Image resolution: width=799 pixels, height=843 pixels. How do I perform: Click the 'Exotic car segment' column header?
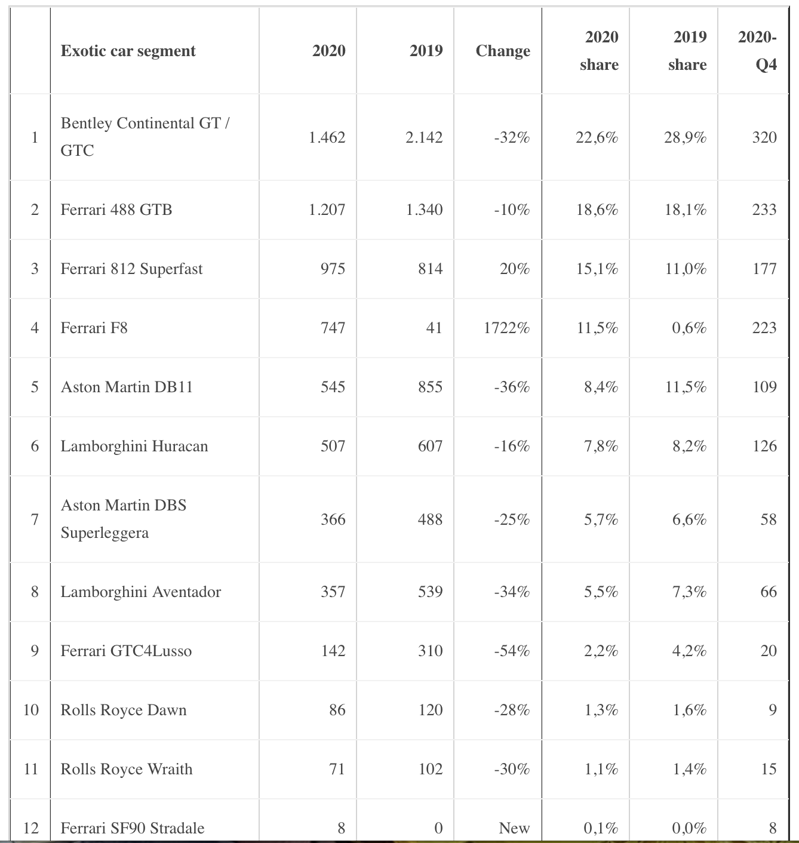click(128, 51)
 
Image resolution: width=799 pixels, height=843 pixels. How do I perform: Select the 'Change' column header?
click(503, 51)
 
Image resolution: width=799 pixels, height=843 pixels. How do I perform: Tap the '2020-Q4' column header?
click(757, 51)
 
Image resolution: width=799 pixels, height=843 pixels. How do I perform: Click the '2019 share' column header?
click(687, 51)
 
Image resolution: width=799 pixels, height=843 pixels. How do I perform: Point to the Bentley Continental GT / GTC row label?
click(145, 137)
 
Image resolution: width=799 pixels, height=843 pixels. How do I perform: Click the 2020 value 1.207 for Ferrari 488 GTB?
click(327, 210)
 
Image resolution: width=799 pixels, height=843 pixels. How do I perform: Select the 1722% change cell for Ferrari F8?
click(506, 328)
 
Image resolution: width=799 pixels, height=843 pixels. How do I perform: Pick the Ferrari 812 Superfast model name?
click(131, 269)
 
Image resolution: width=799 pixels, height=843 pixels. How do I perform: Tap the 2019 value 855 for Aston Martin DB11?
click(430, 387)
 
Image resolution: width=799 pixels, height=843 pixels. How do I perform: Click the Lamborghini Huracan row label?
click(134, 447)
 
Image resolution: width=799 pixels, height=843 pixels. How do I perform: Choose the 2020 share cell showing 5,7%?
click(601, 519)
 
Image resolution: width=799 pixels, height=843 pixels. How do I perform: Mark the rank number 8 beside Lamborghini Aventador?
click(35, 592)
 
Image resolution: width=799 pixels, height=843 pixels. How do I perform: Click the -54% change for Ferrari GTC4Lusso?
click(512, 651)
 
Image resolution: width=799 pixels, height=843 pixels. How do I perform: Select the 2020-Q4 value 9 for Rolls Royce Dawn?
click(772, 710)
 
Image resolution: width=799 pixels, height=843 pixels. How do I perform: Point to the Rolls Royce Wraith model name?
click(127, 769)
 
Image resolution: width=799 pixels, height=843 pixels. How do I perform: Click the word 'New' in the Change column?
click(514, 828)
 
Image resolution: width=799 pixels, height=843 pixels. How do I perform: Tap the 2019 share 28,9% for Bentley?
click(685, 137)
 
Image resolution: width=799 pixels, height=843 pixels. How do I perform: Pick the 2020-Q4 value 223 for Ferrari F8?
click(764, 328)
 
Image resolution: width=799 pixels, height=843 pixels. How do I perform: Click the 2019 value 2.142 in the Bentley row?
click(424, 137)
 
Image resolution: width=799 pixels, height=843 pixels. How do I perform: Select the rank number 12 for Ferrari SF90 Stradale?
click(31, 828)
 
